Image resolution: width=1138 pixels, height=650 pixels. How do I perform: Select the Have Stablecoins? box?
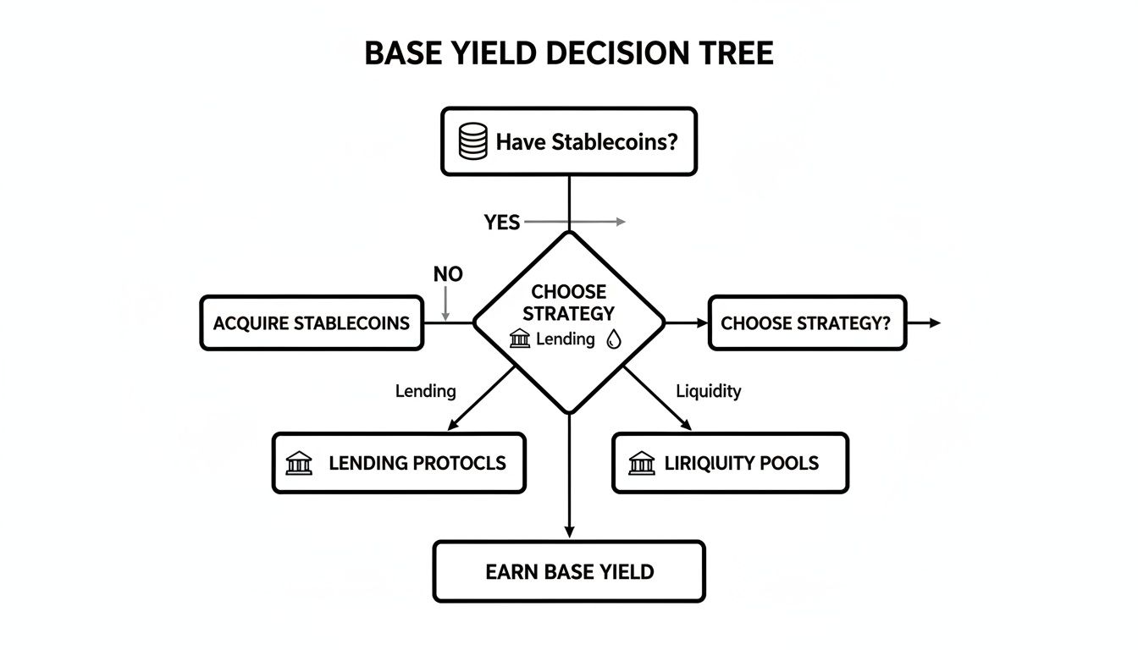coord(569,141)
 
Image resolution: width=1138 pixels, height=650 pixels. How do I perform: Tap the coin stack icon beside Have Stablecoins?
coord(472,141)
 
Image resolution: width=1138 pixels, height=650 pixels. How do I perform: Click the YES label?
coord(502,223)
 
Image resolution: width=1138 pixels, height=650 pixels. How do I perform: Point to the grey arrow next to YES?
coord(576,222)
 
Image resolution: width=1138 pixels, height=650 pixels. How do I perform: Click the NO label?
coord(448,275)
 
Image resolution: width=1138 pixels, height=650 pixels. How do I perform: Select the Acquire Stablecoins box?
coord(311,322)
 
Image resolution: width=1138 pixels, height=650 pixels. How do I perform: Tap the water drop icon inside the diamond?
coord(614,340)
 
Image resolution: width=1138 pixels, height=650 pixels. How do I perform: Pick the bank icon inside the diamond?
coord(520,340)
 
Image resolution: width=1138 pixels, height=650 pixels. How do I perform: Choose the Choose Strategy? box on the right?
coord(806,322)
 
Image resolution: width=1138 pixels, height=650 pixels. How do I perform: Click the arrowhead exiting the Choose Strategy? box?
coord(934,322)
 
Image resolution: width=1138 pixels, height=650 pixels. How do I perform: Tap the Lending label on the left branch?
coord(425,391)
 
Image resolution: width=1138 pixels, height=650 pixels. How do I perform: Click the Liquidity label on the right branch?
coord(709,391)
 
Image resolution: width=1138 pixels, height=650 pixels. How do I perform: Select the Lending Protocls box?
coord(398,463)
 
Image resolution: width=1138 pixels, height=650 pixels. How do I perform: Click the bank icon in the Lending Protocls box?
coord(299,463)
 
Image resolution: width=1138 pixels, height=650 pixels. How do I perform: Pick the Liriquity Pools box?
coord(729,463)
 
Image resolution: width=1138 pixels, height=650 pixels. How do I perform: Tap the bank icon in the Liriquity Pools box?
coord(642,463)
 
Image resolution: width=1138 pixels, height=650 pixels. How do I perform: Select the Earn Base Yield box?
coord(569,571)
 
